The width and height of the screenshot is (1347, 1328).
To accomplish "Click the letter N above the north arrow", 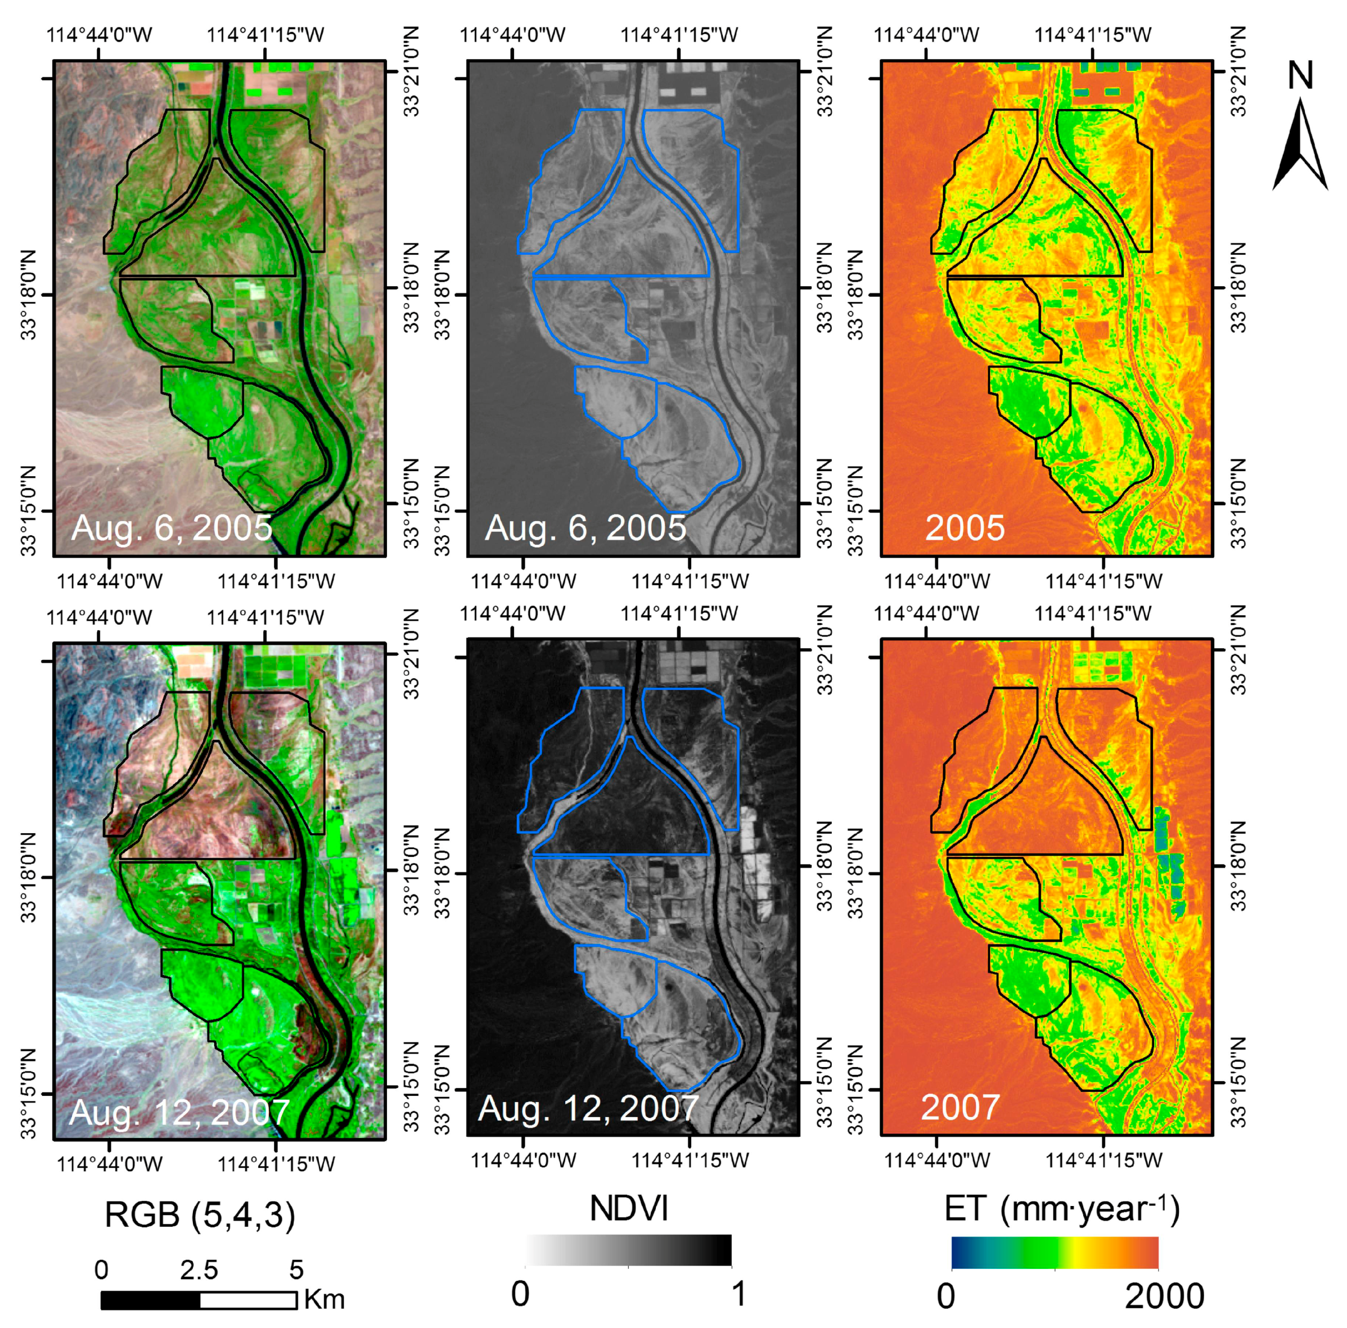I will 1300,75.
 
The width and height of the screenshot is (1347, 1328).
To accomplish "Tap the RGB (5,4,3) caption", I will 200,1215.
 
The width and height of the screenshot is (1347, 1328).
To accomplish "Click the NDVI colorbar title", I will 628,1208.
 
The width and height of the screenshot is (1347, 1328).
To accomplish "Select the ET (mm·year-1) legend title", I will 1062,1209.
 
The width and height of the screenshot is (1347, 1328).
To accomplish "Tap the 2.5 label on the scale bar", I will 199,1270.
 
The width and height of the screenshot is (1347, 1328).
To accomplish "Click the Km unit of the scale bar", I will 324,1299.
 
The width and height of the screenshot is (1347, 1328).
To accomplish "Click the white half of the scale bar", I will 248,1300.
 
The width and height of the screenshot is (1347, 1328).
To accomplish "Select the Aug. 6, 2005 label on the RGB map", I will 172,528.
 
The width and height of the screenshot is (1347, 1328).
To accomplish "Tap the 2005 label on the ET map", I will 964,528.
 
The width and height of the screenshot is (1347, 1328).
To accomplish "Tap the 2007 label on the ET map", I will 960,1107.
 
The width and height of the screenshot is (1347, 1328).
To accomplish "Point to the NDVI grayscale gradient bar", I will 628,1250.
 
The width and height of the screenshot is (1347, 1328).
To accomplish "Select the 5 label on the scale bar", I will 296,1270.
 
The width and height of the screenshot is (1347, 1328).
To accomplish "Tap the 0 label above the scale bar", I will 102,1270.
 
